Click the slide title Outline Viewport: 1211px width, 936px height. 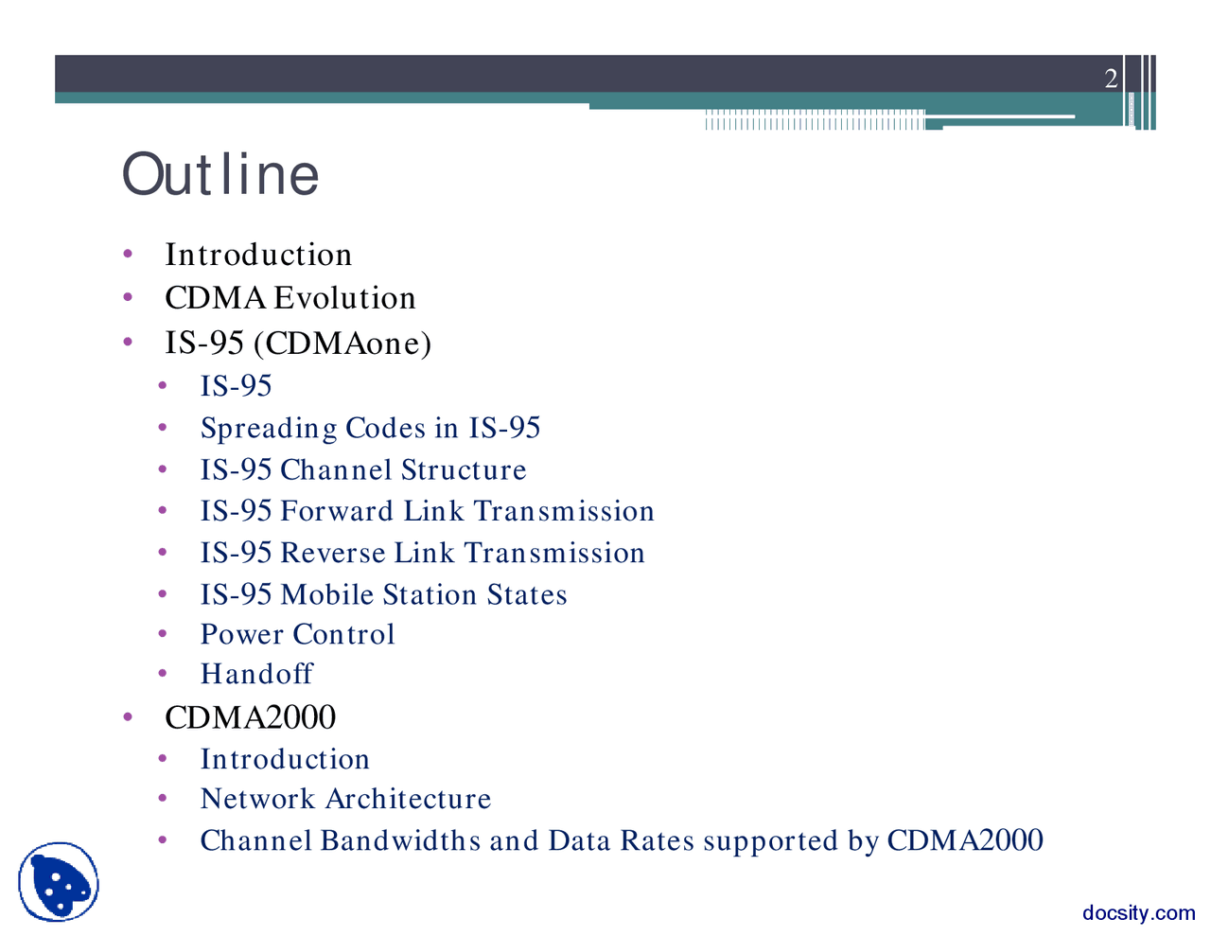pos(220,174)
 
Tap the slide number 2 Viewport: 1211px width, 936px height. pos(1111,79)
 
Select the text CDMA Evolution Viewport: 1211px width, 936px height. pos(290,298)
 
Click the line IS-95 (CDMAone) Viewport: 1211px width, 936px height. pos(297,343)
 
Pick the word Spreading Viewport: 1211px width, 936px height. pos(268,429)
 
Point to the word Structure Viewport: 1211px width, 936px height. pos(464,470)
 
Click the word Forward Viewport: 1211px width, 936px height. pos(337,511)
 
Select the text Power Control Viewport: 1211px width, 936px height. pos(297,634)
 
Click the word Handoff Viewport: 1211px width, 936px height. pos(256,674)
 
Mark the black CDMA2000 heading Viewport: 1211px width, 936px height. pos(250,717)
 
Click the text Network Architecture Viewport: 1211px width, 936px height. pos(345,799)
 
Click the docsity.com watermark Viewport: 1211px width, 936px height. pos(1138,913)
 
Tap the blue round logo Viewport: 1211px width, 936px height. pos(59,882)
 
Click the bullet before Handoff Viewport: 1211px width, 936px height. pos(163,674)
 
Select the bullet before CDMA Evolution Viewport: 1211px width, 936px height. pos(128,298)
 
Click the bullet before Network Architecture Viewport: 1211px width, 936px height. pos(163,799)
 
